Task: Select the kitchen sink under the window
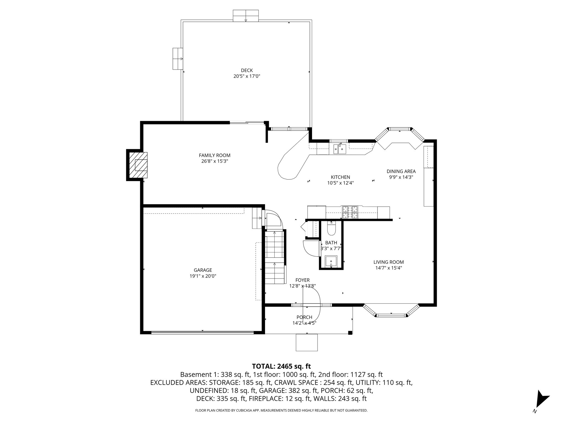(340, 149)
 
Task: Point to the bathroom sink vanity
(331, 261)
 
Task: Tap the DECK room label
(247, 70)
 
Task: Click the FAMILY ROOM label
(214, 155)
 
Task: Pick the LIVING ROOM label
(388, 262)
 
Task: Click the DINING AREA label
(401, 171)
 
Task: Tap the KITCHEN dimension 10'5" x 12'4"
(340, 183)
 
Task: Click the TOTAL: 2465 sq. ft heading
(281, 366)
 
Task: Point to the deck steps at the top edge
(245, 16)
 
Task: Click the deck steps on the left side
(178, 59)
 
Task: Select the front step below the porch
(307, 342)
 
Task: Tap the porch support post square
(350, 333)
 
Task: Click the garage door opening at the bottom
(202, 332)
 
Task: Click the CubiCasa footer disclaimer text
(281, 410)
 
